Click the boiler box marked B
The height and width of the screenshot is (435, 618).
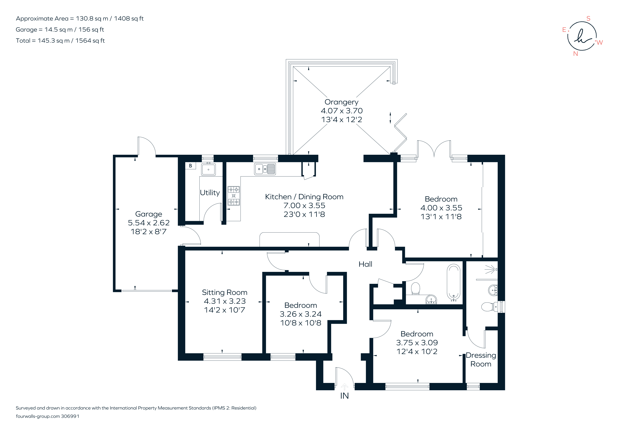(191, 166)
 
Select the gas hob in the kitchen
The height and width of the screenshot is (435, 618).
(234, 196)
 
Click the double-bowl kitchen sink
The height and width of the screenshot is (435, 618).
(265, 169)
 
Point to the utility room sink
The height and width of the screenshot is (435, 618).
(208, 169)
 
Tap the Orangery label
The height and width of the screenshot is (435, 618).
(341, 102)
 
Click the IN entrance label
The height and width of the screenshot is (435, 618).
(345, 396)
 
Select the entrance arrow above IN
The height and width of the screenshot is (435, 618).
(345, 387)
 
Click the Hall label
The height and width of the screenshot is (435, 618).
(365, 264)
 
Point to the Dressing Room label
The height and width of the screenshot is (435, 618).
(481, 360)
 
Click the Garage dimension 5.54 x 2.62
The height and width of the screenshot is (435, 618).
(149, 223)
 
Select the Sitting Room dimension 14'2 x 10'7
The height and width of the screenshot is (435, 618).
(224, 310)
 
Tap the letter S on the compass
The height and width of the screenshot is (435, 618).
(588, 18)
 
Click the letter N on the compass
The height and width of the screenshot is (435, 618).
(575, 53)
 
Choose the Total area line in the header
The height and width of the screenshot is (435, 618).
(60, 41)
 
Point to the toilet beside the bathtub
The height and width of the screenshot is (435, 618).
(416, 288)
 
